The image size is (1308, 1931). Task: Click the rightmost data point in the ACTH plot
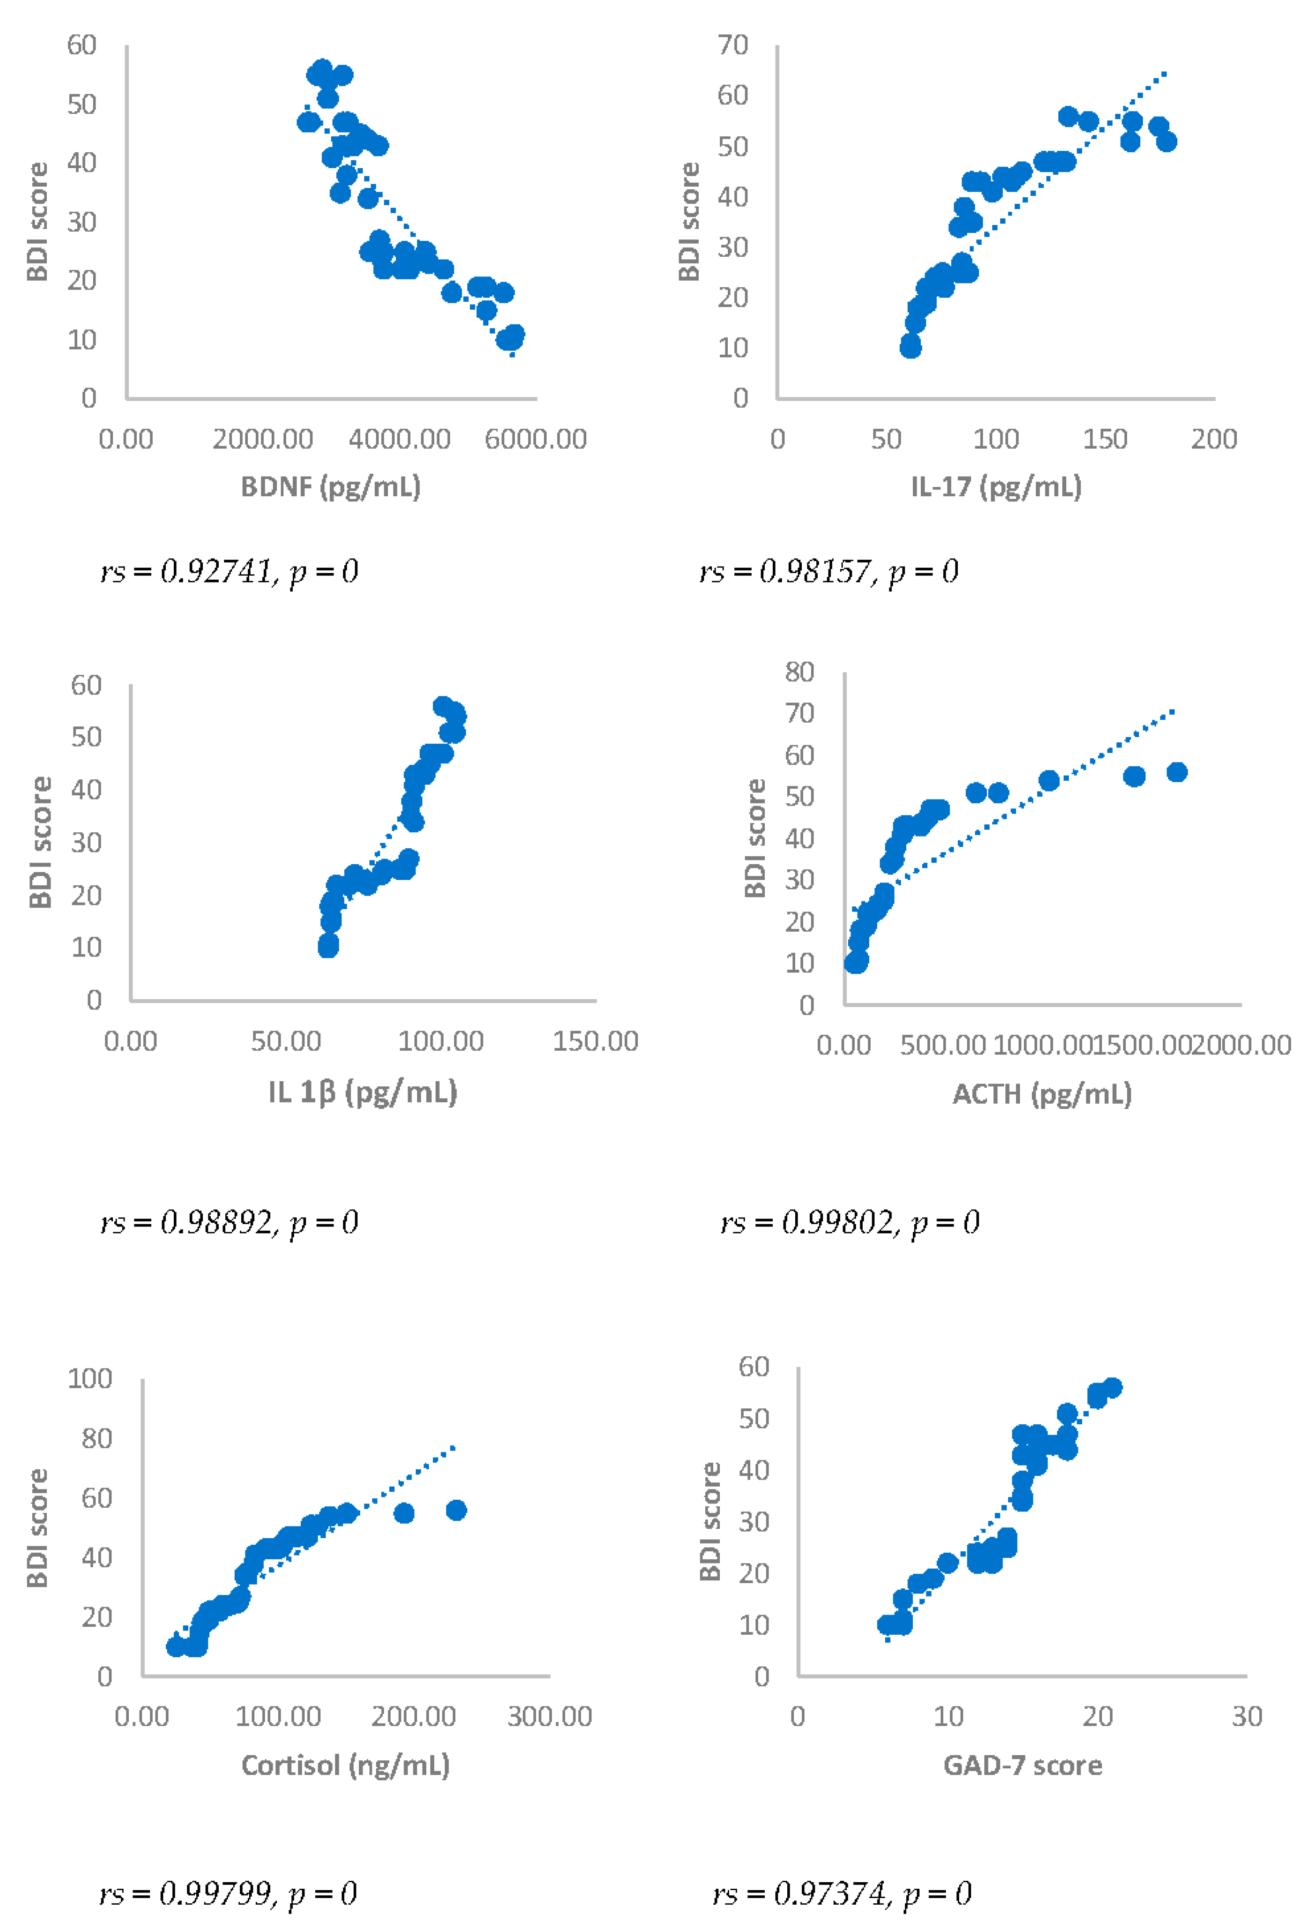(1176, 772)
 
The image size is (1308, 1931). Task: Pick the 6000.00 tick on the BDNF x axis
(536, 439)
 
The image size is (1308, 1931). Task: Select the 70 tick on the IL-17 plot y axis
(733, 45)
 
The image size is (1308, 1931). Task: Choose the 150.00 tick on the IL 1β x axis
(595, 1041)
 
